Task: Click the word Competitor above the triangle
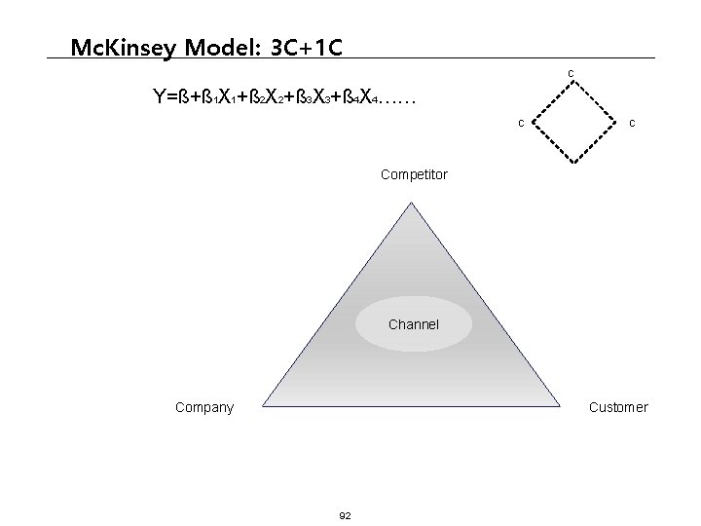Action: point(414,175)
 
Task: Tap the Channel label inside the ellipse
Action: point(414,324)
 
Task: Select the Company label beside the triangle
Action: point(203,407)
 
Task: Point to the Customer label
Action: point(618,407)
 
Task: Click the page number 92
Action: point(346,514)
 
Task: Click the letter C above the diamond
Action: point(571,74)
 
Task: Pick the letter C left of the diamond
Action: point(521,123)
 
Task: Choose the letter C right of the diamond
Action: point(633,123)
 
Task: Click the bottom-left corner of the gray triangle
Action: point(261,405)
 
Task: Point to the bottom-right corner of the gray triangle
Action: point(566,405)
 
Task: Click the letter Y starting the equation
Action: point(159,97)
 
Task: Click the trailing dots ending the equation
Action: point(397,100)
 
